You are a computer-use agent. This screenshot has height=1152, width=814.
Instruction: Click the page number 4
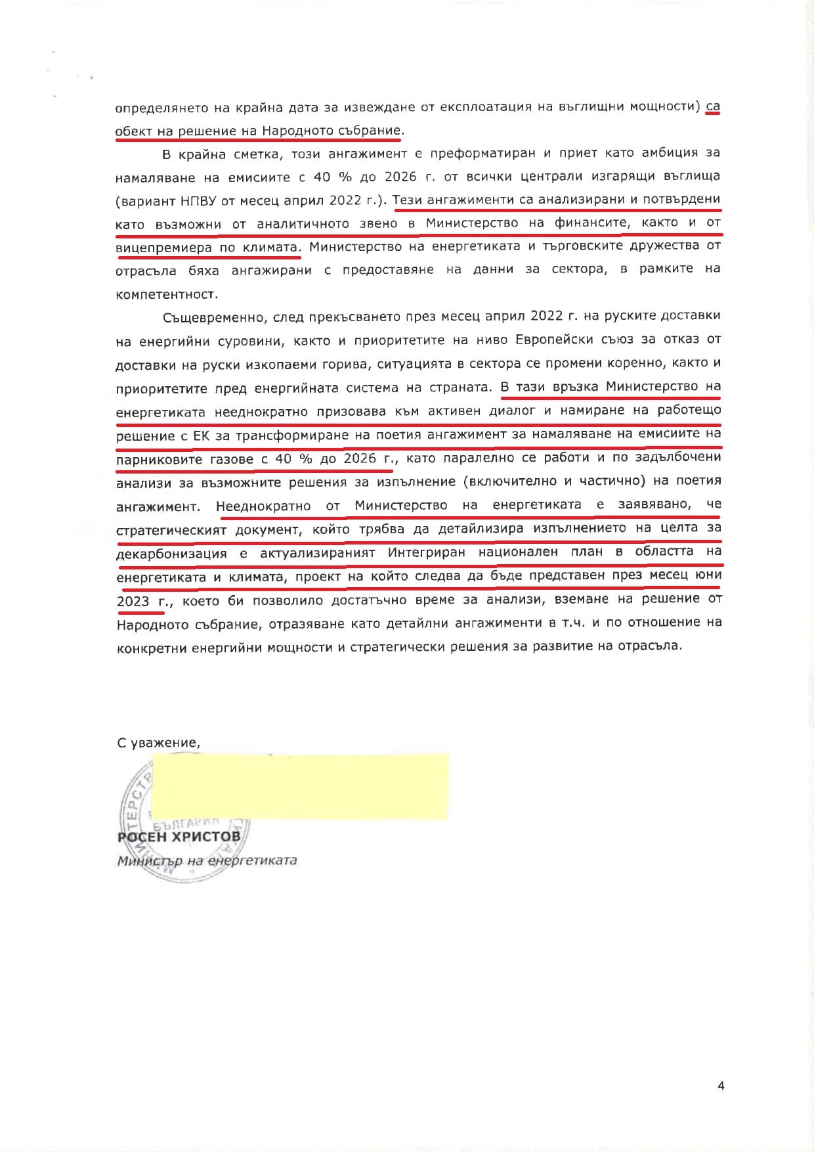point(721,1086)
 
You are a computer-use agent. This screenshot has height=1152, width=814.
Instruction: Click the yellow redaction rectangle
point(299,786)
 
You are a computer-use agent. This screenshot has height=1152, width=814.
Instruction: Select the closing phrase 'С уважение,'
point(158,743)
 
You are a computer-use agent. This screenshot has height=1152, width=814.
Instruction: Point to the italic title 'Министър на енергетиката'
point(207,860)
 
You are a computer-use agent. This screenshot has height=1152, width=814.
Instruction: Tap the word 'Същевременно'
point(209,317)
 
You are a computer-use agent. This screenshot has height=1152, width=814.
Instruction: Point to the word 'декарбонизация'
point(171,553)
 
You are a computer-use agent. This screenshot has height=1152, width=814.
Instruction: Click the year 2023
point(133,601)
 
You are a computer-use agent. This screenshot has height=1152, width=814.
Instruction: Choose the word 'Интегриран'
point(426,552)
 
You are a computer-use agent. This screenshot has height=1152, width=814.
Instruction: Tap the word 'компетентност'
point(166,294)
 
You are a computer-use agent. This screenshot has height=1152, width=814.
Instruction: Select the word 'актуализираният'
point(317,553)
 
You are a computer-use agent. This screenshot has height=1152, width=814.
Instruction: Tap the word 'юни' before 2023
point(708,575)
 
